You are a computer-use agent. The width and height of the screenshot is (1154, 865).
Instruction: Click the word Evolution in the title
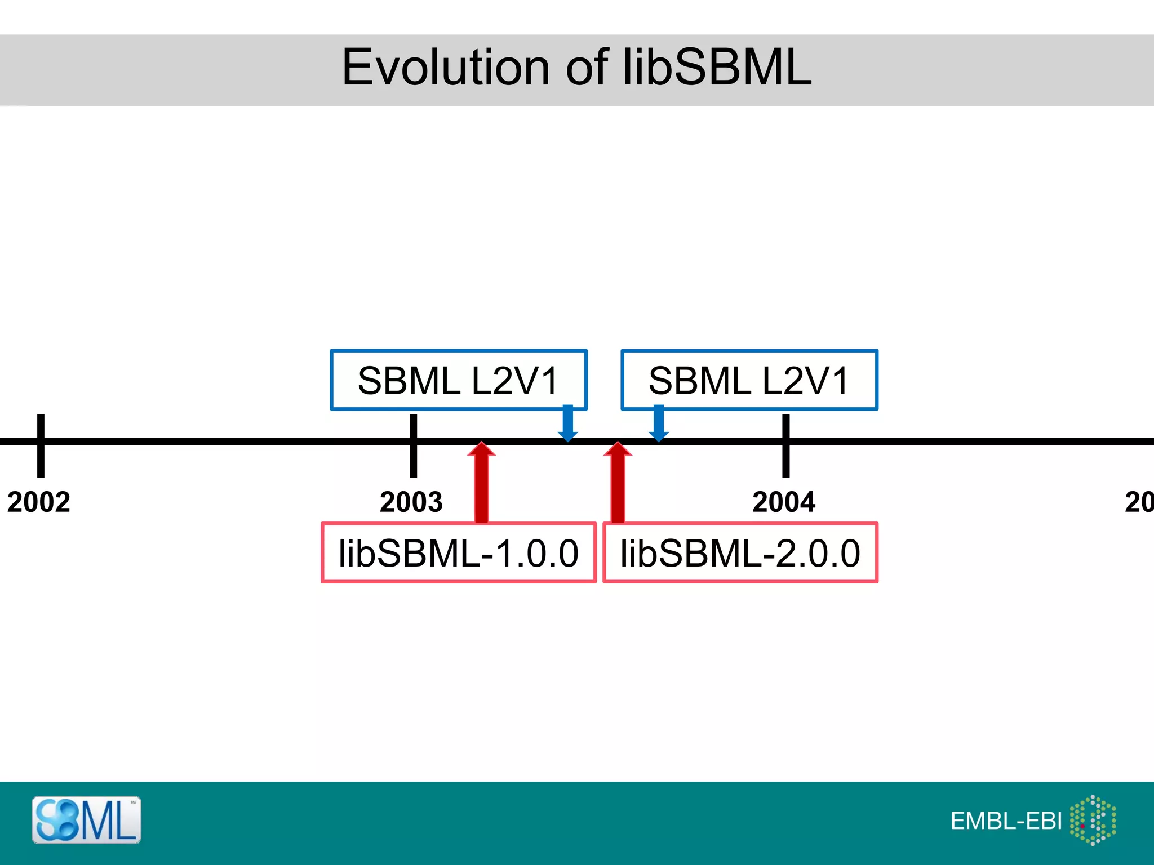coord(445,68)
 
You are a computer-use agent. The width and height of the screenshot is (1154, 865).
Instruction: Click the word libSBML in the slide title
coord(717,68)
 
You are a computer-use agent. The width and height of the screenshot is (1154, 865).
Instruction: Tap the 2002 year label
coord(39,502)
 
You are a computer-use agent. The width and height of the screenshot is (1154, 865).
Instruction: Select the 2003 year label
coord(411,502)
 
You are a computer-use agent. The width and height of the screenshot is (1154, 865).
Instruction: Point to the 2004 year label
coord(784,502)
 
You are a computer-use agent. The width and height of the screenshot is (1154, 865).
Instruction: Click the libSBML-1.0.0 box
coord(458,553)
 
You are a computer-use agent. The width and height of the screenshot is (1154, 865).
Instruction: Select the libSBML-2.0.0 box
coord(740,553)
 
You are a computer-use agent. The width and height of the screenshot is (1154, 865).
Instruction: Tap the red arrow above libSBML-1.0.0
coord(481,482)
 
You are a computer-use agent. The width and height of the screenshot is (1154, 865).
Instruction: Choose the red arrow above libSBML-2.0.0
coord(618,482)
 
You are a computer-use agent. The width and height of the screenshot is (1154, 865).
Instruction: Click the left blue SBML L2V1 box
coord(458,380)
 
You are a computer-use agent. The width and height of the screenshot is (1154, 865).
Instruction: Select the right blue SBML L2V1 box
coord(749,380)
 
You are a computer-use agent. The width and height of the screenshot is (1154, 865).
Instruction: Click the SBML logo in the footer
coord(86,820)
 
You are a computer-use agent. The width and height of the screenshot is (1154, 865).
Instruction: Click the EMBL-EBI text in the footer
coord(1006,821)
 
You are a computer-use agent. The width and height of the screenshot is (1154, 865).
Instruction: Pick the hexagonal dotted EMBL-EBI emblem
coord(1093,820)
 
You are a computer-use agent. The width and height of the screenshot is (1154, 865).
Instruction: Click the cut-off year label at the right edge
coord(1139,502)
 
